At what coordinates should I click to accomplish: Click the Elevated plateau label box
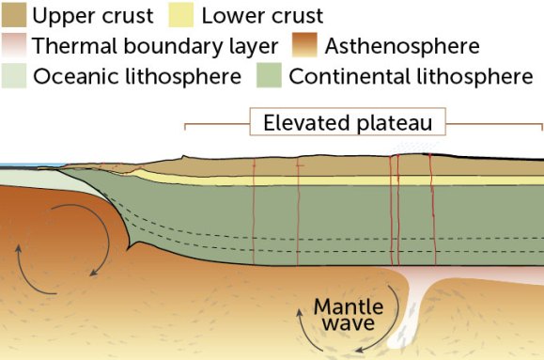click(x=347, y=122)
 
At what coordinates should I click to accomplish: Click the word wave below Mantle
click(x=349, y=324)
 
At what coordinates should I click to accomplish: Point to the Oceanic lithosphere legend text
click(x=136, y=76)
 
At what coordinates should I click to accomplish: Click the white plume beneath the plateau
click(x=414, y=310)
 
